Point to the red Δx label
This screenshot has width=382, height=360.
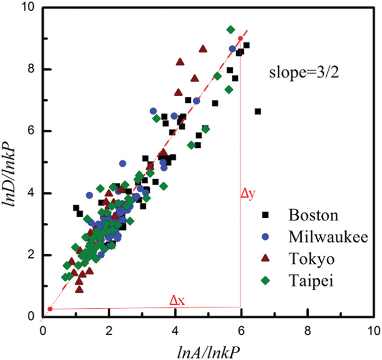click(177, 300)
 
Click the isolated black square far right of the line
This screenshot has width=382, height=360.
click(258, 111)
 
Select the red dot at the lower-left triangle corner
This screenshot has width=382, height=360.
click(50, 309)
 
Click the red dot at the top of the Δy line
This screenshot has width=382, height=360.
click(240, 38)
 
